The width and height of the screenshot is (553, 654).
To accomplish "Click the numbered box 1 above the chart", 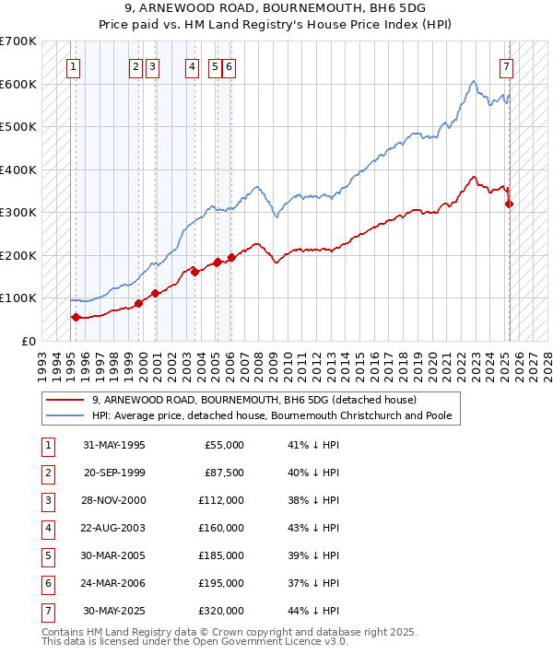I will click(72, 66).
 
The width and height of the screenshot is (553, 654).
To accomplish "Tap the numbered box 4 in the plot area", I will click(191, 66).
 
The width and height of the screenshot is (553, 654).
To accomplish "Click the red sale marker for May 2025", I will click(510, 204).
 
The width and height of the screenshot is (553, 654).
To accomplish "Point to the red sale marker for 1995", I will click(76, 317).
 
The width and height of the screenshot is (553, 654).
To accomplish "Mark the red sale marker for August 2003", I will click(194, 272).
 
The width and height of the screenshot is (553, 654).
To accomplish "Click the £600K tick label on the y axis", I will click(18, 84).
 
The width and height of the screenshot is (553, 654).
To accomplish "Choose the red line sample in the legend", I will click(64, 400).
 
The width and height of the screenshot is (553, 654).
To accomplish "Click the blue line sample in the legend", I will click(64, 415).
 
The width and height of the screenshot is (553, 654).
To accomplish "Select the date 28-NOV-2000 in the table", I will click(114, 500).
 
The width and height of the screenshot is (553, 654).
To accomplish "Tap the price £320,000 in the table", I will click(224, 611).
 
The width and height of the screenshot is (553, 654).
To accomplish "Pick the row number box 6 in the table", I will click(46, 583).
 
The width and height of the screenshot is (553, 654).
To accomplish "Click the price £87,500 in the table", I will click(226, 473).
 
